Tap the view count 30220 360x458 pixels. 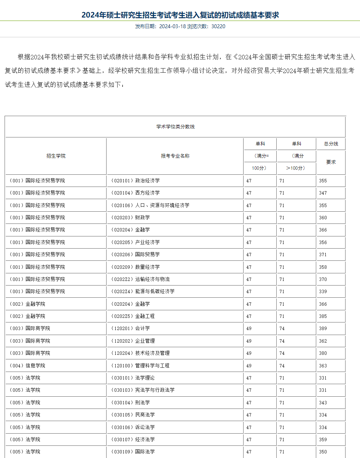pos(218,26)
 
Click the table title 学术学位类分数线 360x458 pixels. pos(175,127)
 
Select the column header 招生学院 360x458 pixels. pos(56,156)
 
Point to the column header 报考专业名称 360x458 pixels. pos(175,156)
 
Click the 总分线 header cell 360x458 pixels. pos(331,144)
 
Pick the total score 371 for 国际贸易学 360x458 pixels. pos(323,254)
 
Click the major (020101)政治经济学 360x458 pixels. pos(135,180)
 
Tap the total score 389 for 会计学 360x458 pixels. pos(323,328)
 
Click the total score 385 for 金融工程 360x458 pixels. pos(323,316)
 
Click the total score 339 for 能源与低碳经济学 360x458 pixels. pos(323,291)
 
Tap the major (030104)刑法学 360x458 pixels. pos(130,402)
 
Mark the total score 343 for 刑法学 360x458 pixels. pos(323,402)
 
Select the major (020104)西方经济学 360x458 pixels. pos(135,193)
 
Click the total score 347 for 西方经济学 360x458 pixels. pos(323,193)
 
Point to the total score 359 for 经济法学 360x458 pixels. pos(323,439)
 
